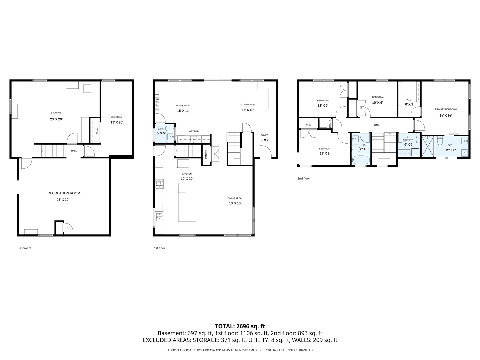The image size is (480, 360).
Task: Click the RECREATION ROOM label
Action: point(64,193)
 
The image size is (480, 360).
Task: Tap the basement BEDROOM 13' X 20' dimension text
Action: point(117,122)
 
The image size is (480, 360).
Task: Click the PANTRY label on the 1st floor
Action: point(206,155)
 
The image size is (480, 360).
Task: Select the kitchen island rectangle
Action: point(187,207)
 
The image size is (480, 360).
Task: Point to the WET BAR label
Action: point(194,131)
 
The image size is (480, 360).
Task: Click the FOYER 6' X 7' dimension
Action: point(265,140)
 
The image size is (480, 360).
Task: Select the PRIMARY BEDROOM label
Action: point(446,109)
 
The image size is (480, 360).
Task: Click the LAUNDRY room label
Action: point(408,140)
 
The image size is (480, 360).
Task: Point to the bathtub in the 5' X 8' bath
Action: point(361,160)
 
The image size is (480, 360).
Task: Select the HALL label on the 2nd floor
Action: point(377,125)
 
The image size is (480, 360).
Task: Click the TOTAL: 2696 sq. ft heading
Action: point(240,326)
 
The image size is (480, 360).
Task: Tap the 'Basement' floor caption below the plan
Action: point(24,248)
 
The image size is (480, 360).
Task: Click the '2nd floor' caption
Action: point(304,178)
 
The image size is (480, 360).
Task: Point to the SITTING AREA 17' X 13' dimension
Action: point(248,110)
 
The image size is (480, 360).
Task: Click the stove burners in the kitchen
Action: point(159,184)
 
